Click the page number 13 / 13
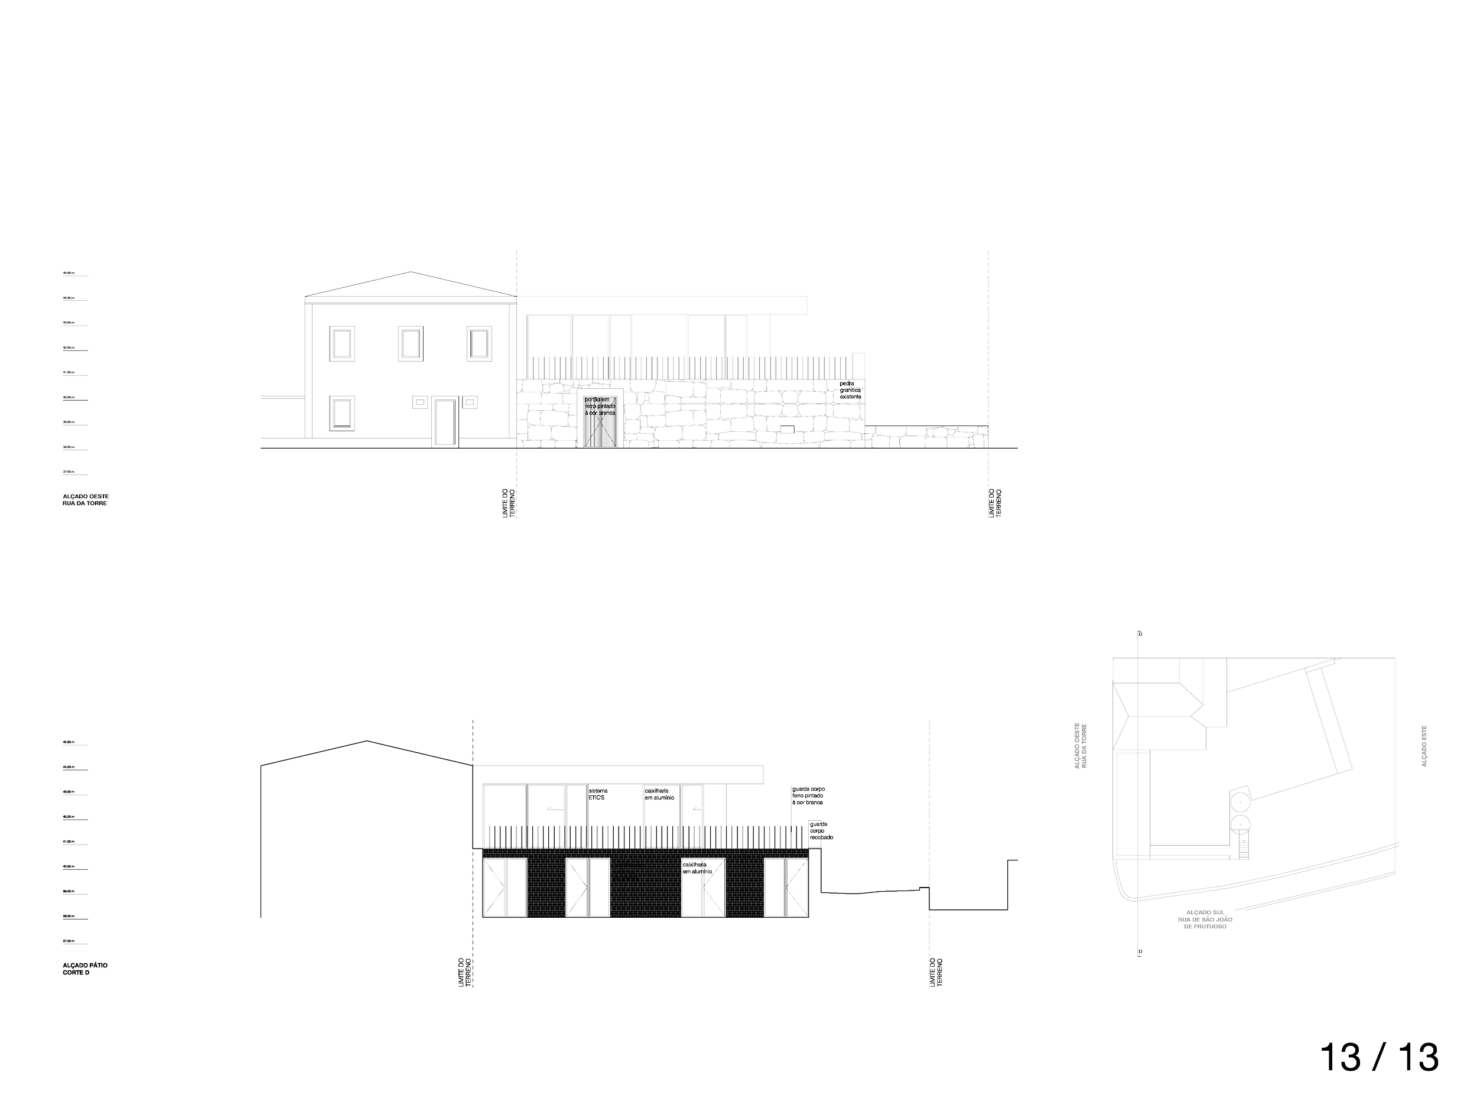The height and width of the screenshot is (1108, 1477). pos(1380,1058)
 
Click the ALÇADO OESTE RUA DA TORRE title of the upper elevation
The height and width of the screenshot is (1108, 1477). pos(86,501)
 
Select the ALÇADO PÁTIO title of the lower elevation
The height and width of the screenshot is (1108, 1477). pos(85,969)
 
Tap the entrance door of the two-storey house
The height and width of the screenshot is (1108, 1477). pos(445,421)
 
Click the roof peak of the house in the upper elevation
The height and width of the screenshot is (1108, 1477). pos(410,272)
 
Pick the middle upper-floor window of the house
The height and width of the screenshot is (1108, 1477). pos(410,343)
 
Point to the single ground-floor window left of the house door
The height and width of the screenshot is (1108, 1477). pos(342,414)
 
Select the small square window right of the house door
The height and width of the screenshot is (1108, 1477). pos(470,402)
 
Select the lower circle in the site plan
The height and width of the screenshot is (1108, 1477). pos(1241,826)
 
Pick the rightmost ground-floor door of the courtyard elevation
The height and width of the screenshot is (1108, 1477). pos(786,888)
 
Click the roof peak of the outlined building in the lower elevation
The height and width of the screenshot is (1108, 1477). pos(366,740)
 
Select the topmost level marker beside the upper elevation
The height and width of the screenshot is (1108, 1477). pos(75,274)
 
